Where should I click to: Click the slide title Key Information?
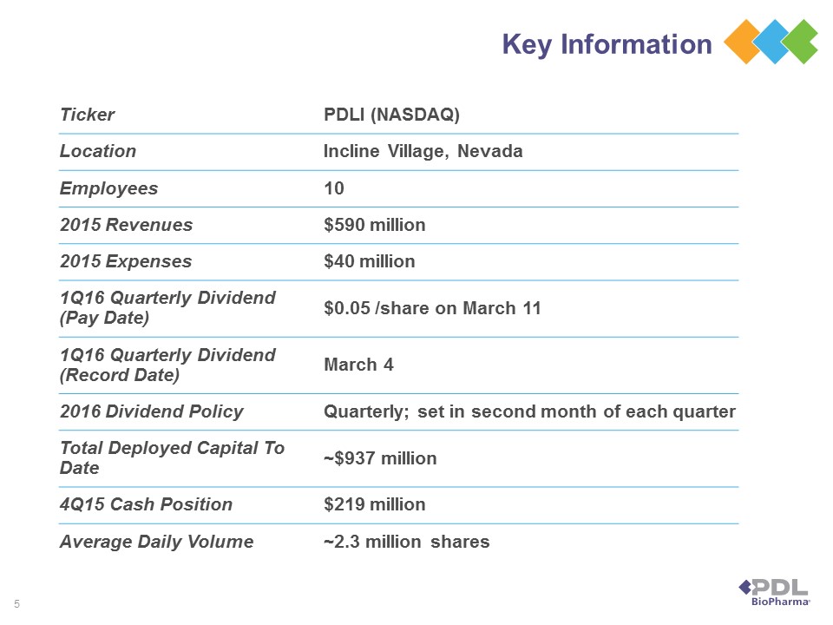coord(607,44)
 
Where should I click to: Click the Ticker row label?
coord(87,115)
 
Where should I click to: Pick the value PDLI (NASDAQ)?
coord(390,115)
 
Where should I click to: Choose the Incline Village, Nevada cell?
coord(423,151)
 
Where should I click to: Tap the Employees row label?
coord(108,188)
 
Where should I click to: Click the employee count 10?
coord(333,188)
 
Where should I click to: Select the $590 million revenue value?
coord(374,225)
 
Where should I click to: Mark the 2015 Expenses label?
coord(126,261)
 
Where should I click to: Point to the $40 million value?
coord(369,261)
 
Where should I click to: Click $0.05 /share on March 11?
coord(432,308)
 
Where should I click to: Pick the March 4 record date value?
coord(358,365)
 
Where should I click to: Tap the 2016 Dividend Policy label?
coord(151,411)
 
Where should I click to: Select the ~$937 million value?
coord(379,457)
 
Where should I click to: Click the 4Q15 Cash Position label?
coord(146,504)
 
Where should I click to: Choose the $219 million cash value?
coord(374,504)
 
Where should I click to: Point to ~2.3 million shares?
coord(406,542)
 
